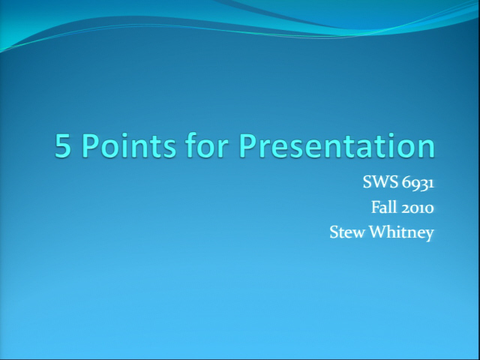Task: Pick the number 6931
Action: tap(418, 183)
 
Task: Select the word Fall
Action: tap(384, 207)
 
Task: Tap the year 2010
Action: tap(418, 208)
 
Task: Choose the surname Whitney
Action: tap(402, 232)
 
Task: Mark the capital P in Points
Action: tap(91, 145)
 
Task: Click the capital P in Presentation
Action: tap(247, 145)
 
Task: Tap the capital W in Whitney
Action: tap(379, 232)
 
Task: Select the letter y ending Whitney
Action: tap(429, 235)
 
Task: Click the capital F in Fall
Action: tap(376, 207)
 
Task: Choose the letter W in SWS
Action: tap(381, 182)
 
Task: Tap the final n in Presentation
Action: tap(427, 148)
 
